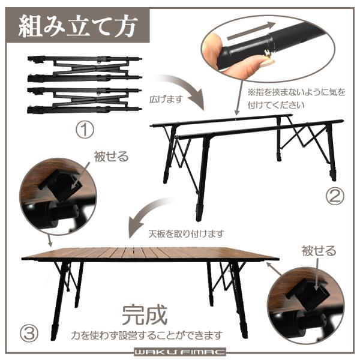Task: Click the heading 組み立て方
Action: [78, 26]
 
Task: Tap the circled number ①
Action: [85, 130]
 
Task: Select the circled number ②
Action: [335, 196]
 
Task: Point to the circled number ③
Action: [29, 334]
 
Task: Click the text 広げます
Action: [166, 100]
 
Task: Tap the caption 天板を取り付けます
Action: [186, 234]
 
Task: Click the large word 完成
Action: [145, 315]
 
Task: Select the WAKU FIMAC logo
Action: [179, 352]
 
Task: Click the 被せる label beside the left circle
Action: [111, 157]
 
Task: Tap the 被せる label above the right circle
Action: [319, 251]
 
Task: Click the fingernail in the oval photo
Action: [266, 62]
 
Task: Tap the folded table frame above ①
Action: [85, 85]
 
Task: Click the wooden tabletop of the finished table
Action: [151, 253]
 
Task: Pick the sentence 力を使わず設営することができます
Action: [147, 335]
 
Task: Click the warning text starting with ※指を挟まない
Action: [296, 99]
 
